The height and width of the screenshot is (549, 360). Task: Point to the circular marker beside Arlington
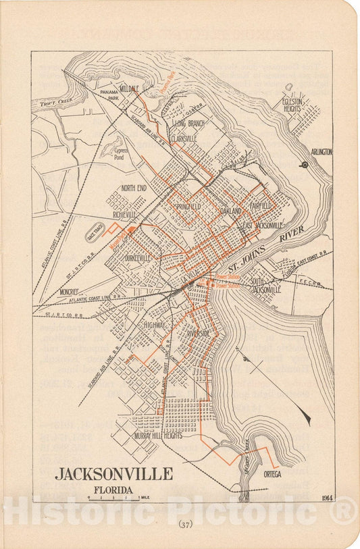pos(305,164)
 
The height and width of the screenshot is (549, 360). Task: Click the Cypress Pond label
pos(121,153)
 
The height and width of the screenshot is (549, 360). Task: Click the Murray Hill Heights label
pos(158,436)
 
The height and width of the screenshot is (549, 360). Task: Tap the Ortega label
pos(272,473)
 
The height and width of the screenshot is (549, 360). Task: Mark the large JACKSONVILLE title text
pos(113,473)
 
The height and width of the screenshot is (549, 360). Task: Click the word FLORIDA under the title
pos(113,490)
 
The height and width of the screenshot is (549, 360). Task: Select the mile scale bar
pos(113,498)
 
